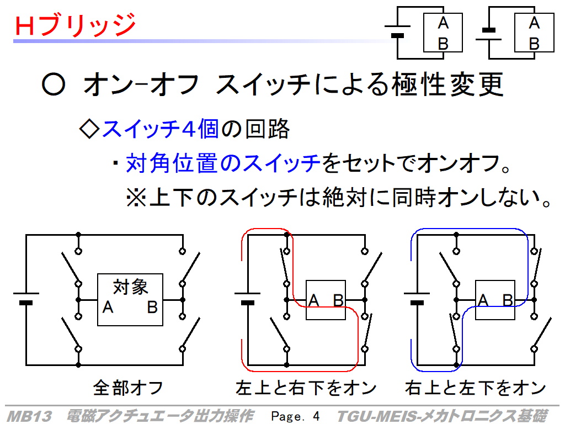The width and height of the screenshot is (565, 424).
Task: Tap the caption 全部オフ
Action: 128,388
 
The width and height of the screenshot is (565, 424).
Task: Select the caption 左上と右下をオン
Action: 306,388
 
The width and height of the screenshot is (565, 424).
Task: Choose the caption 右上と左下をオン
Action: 475,388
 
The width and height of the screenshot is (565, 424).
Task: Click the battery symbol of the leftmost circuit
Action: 26,298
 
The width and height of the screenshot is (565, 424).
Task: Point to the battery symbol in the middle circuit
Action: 248,298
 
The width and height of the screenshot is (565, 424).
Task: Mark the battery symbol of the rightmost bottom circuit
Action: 417,298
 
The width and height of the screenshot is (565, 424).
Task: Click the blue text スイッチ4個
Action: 161,129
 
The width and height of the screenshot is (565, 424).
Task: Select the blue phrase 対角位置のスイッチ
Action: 223,163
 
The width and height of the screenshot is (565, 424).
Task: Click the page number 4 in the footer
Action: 316,416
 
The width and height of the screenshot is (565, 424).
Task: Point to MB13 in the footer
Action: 29,416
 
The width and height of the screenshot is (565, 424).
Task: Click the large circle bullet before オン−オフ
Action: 54,84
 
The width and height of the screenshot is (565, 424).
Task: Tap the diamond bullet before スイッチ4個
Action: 89,129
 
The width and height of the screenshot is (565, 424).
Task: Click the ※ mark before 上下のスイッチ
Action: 136,198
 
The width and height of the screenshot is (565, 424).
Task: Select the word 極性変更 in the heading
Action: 448,84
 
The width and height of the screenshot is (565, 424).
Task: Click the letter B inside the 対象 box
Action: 152,307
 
